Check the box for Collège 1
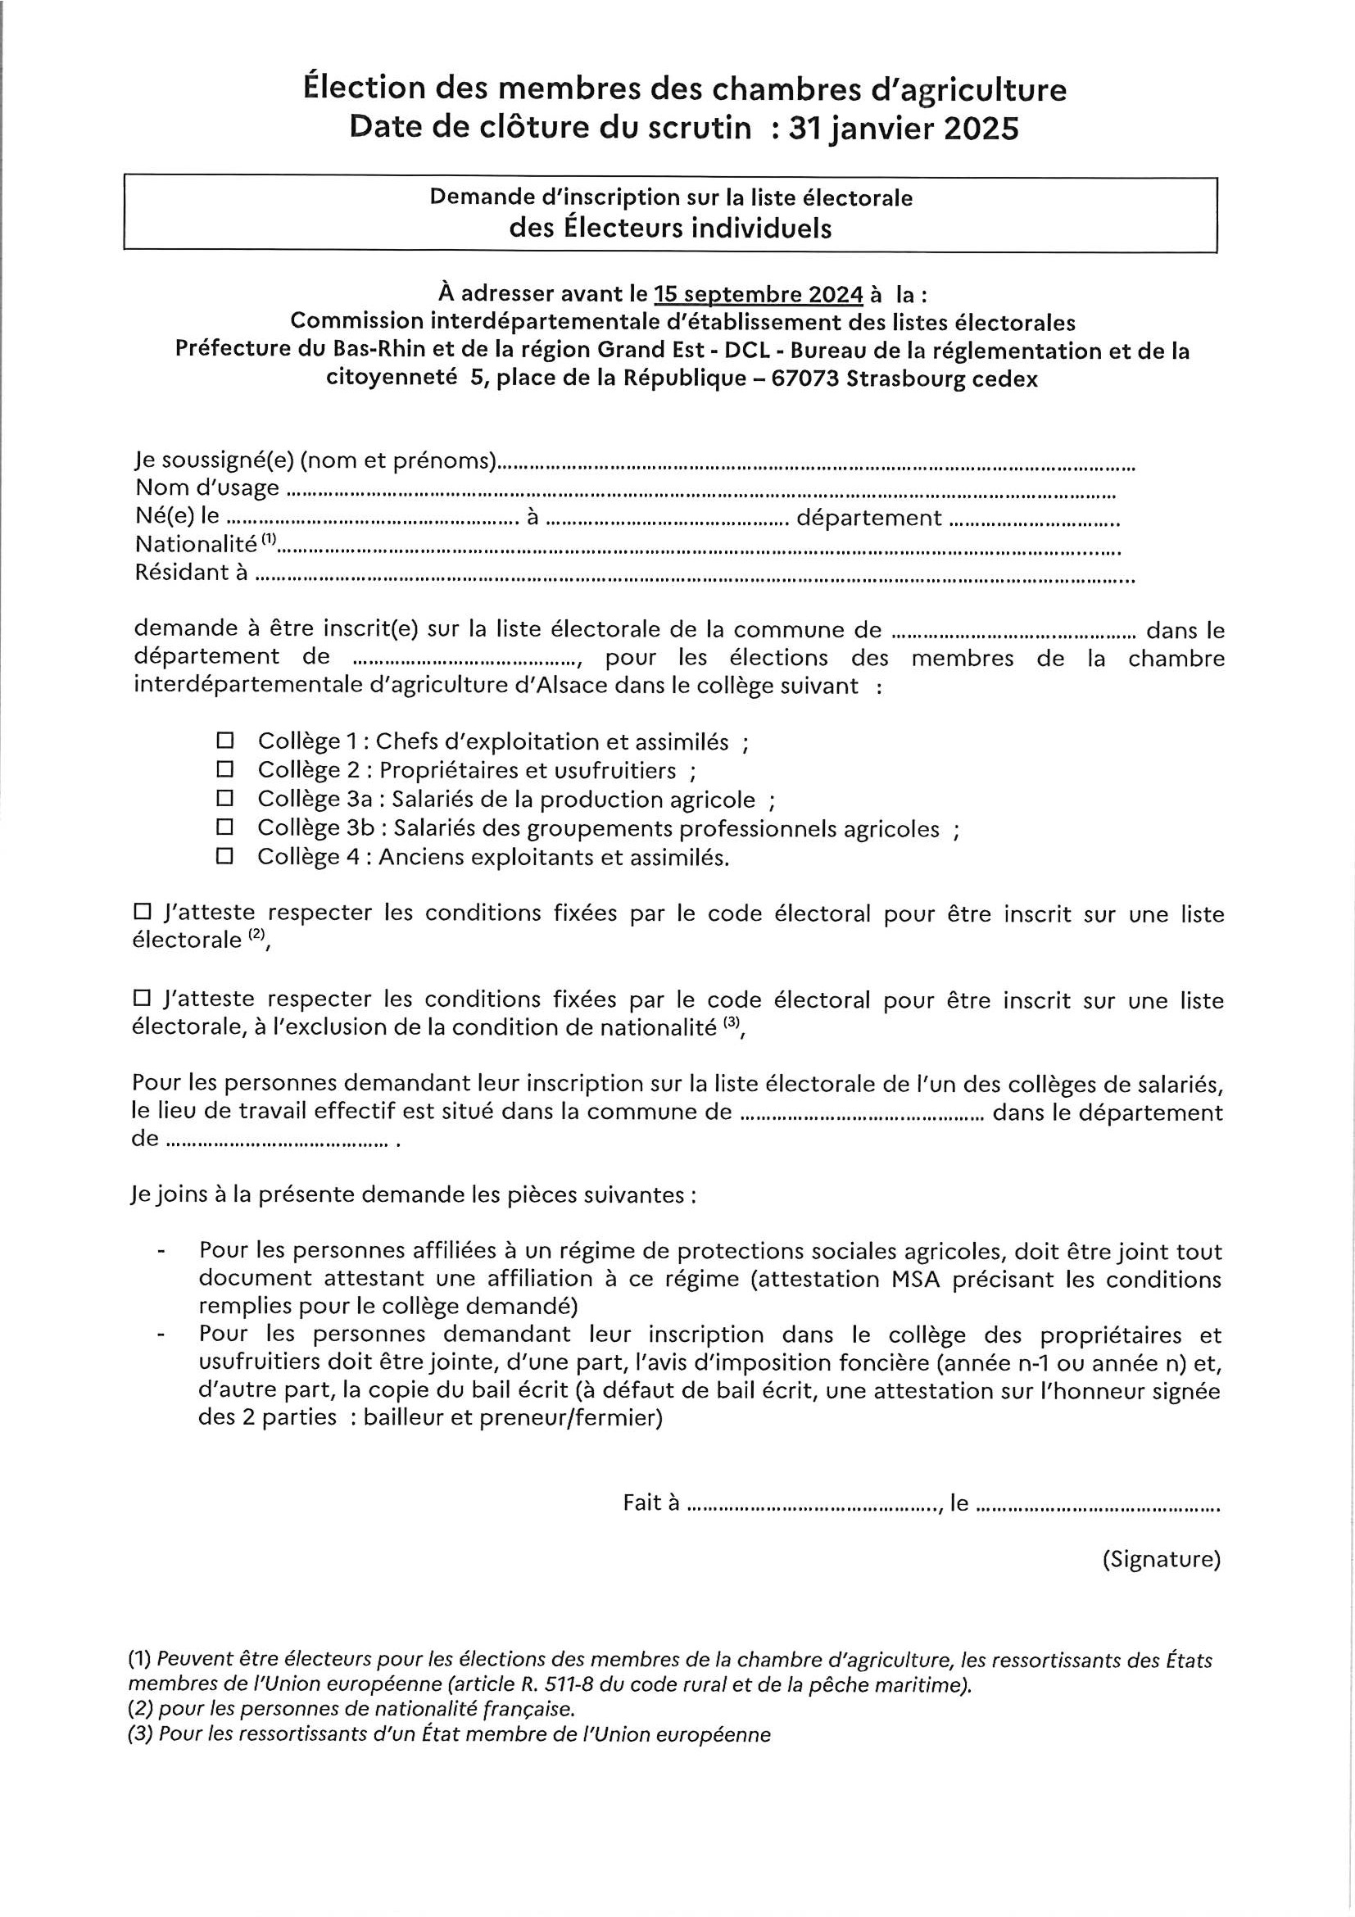224,741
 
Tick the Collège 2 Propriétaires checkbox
224,769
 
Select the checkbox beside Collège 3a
224,798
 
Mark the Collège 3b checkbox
224,827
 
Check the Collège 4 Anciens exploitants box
224,857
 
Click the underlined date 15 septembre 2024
758,294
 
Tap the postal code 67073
805,378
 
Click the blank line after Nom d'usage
701,491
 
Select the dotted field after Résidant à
693,576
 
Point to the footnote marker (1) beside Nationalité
268,540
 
